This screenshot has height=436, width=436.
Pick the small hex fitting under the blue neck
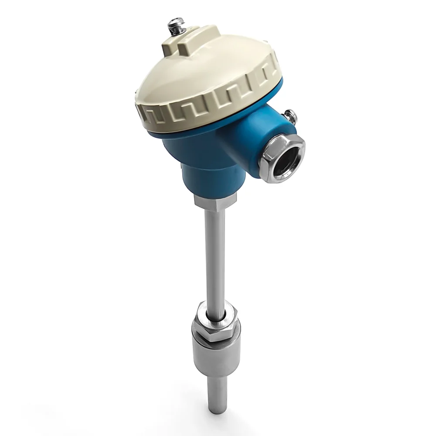[x=215, y=201]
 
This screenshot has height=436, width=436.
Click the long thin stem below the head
[x=215, y=257]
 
